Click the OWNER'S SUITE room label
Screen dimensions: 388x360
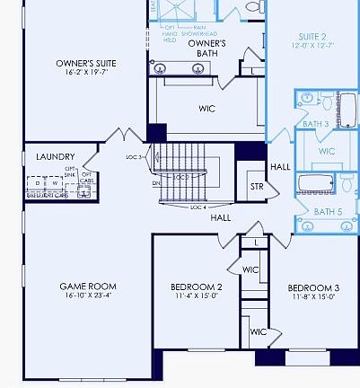pos(86,64)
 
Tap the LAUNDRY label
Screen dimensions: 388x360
pos(55,157)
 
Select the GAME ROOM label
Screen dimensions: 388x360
pos(88,287)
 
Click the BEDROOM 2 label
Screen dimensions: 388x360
pos(196,288)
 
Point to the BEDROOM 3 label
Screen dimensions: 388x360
pos(313,288)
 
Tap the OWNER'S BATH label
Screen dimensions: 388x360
pos(206,44)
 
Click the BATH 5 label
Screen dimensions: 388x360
pos(325,212)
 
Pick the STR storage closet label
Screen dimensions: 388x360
pos(256,187)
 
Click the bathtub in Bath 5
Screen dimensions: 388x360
pos(316,186)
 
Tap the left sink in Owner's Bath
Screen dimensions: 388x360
pos(161,68)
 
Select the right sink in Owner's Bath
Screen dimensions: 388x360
pos(198,68)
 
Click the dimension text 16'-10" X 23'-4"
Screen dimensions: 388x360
pos(88,298)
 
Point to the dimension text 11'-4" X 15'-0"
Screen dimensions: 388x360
pos(196,298)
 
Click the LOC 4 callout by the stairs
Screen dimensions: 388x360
pos(198,207)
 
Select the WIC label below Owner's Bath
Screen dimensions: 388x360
pos(206,109)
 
